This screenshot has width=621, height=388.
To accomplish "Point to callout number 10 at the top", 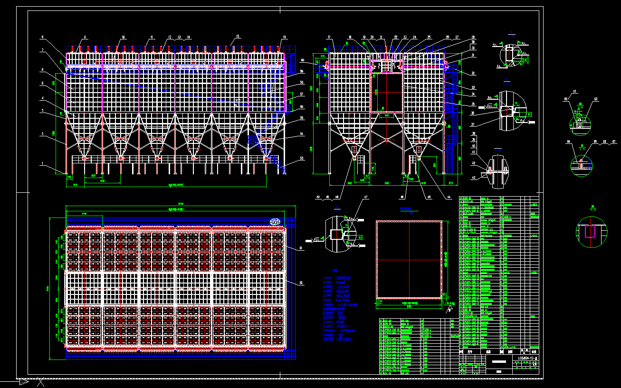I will click(x=123, y=37).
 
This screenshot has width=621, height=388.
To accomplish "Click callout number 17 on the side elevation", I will click(x=328, y=37).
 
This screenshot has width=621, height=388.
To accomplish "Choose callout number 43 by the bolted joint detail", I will click(x=473, y=178).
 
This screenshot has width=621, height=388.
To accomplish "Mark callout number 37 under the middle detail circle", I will click(x=473, y=125).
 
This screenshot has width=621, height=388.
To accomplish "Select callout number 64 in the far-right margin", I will click(x=568, y=142).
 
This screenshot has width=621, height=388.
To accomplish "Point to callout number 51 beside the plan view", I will click(x=300, y=248).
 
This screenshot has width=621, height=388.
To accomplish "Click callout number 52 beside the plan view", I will click(x=300, y=284).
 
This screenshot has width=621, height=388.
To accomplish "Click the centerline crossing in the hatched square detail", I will click(x=409, y=259).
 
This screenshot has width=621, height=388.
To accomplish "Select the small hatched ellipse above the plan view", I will click(x=275, y=221).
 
